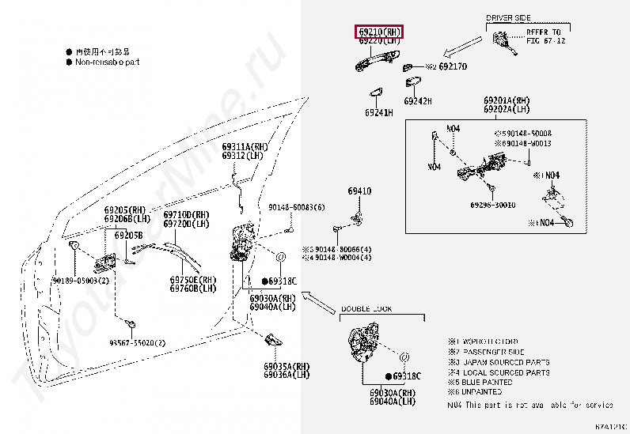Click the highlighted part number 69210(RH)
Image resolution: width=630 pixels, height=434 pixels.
point(378,32)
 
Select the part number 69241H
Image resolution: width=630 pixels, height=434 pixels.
point(378,113)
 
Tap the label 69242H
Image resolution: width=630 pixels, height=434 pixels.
point(418,101)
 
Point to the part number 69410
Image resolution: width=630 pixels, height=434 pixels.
point(359,191)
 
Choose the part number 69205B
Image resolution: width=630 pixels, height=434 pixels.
point(128,236)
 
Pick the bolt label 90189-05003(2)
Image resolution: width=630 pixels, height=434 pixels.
point(81,281)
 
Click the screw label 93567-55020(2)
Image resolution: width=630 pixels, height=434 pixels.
point(138,342)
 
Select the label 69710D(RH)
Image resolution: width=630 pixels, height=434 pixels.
point(186,215)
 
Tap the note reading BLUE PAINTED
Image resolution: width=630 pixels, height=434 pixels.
point(483,382)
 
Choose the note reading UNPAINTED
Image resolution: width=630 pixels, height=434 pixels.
point(480,391)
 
